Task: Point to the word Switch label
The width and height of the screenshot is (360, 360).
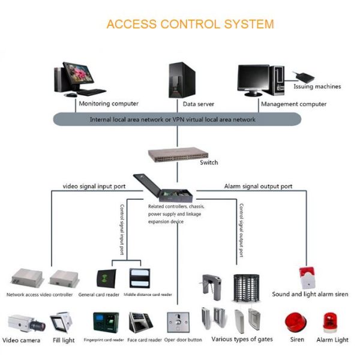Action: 208,163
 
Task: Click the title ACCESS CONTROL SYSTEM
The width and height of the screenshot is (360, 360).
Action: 190,25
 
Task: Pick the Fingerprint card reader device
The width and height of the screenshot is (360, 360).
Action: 106,324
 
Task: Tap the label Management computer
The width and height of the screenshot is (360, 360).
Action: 293,104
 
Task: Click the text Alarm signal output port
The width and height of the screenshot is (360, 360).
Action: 258,187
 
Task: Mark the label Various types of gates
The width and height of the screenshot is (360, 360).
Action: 242,340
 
